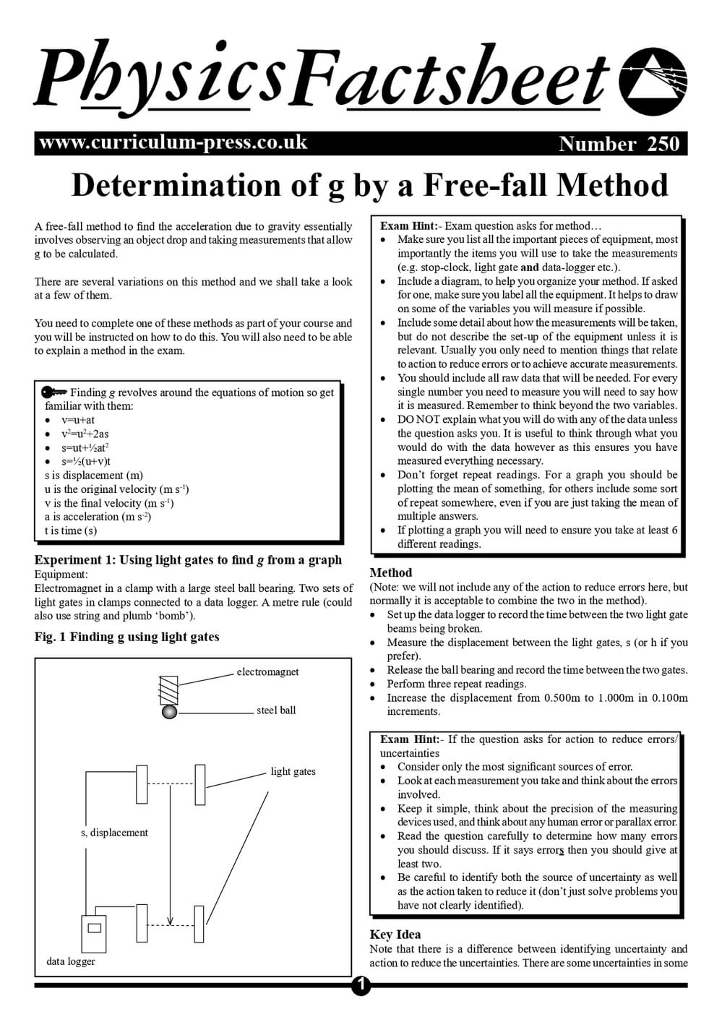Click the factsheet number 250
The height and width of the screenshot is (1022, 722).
[x=663, y=144]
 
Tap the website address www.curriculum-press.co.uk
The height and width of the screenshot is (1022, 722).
[x=173, y=142]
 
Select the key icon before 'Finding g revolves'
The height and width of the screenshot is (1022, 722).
[x=54, y=392]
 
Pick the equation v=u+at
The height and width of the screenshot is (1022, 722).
[x=78, y=420]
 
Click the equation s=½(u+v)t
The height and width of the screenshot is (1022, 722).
[x=86, y=461]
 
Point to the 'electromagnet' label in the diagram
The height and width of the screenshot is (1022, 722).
[x=267, y=672]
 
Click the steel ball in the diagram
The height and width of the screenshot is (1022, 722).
[x=169, y=712]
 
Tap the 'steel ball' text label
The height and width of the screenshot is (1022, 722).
[x=276, y=710]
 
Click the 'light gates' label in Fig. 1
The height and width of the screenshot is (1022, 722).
[x=293, y=772]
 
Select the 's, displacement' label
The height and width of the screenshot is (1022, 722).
[x=114, y=833]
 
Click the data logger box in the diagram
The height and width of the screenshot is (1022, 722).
[x=93, y=933]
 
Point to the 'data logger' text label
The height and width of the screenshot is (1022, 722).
[x=71, y=961]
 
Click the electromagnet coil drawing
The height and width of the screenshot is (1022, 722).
[x=168, y=690]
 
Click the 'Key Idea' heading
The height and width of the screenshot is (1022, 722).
[x=395, y=934]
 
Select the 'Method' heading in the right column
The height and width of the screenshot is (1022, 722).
[x=390, y=572]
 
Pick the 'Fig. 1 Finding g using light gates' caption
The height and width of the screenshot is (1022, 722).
[x=126, y=637]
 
